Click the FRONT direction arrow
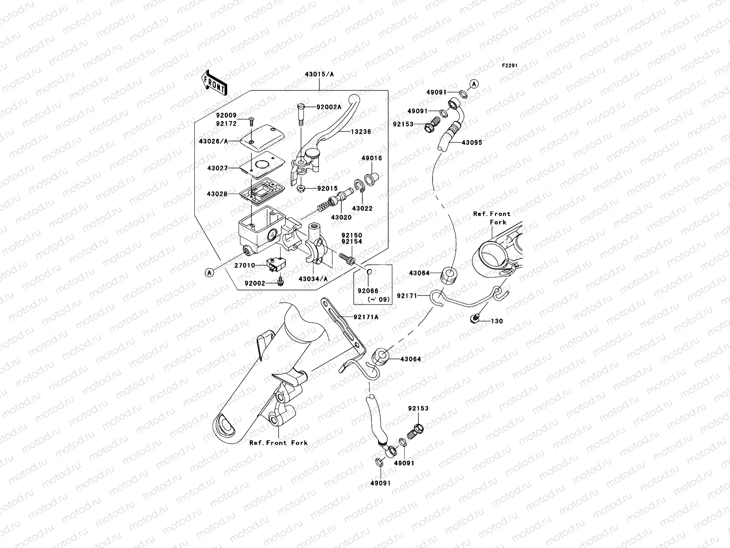(215, 83)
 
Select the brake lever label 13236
(361, 132)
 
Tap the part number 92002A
(329, 107)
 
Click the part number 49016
(372, 158)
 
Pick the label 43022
(363, 209)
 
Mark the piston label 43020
(341, 218)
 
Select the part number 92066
(367, 290)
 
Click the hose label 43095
(472, 142)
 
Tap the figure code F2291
(511, 66)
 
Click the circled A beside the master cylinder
(209, 273)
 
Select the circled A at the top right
(474, 84)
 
